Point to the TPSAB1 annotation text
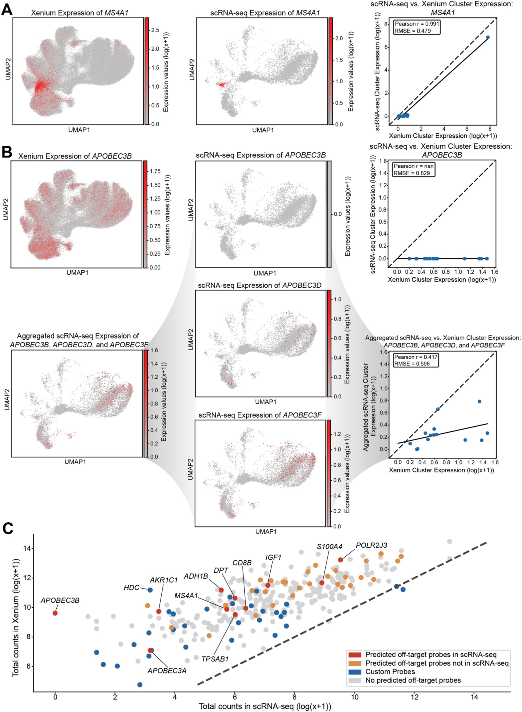(x=215, y=659)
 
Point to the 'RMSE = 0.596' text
(x=412, y=364)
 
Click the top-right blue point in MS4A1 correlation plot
(x=488, y=37)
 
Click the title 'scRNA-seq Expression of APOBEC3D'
(x=259, y=285)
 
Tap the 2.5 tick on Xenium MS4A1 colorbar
(x=155, y=30)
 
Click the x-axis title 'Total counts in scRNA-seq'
(x=265, y=706)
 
